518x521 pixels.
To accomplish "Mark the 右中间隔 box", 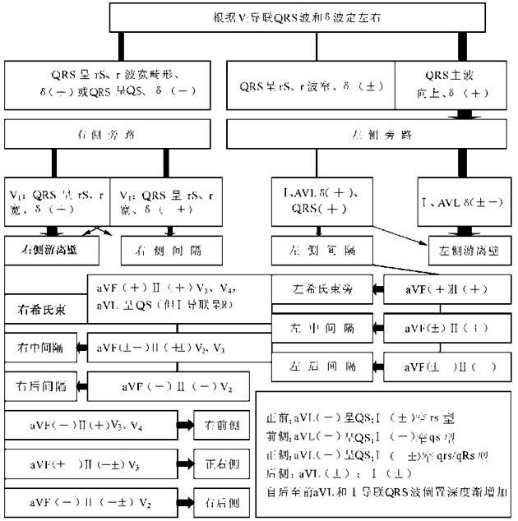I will (40, 349).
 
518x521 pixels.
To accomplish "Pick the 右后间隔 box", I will (40, 385).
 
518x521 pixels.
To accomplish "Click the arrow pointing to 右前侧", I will (181, 424).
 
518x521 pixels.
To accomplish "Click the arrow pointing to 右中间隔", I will (81, 349).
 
